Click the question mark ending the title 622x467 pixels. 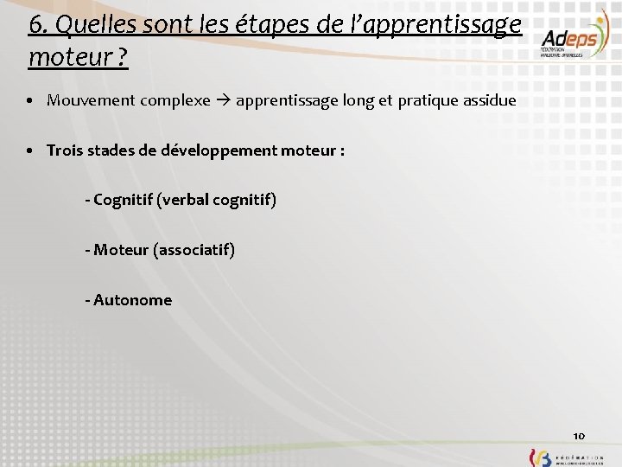click(x=124, y=59)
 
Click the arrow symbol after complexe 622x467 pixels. click(x=223, y=100)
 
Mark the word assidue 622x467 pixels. click(x=489, y=100)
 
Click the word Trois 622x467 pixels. click(x=65, y=150)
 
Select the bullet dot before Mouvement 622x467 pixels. click(x=29, y=101)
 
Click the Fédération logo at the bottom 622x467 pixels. click(x=567, y=457)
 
